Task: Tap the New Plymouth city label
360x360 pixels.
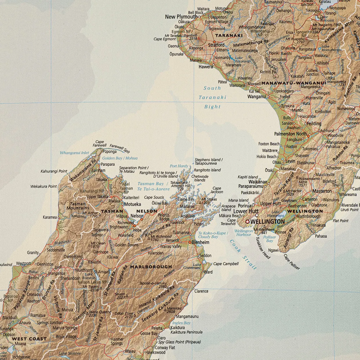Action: click(181, 17)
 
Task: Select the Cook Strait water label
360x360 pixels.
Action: click(243, 255)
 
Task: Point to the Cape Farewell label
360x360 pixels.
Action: click(100, 143)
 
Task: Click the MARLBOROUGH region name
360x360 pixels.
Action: click(151, 267)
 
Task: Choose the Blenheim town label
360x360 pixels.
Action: click(200, 242)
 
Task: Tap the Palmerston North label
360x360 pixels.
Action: click(290, 134)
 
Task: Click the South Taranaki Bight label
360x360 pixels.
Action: click(212, 97)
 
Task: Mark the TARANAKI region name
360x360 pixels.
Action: click(229, 35)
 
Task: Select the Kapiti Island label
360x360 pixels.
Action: click(248, 177)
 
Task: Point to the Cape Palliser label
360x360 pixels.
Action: click(291, 262)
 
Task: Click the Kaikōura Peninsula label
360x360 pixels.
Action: click(186, 332)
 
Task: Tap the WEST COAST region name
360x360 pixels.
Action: click(29, 339)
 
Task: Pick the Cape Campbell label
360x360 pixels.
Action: click(226, 264)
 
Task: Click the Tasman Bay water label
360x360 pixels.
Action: click(151, 183)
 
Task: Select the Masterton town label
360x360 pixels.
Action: click(322, 191)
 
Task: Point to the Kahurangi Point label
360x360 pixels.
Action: click(54, 171)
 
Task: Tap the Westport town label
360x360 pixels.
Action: click(23, 263)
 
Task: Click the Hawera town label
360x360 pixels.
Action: click(206, 67)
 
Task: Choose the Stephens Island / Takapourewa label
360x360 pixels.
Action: click(208, 161)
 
